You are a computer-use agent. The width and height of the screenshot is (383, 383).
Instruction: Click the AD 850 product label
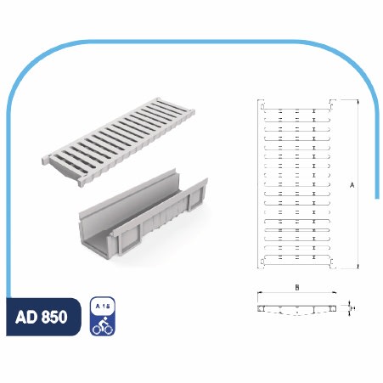click(x=42, y=317)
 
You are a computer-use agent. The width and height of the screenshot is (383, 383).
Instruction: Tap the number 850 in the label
click(x=54, y=317)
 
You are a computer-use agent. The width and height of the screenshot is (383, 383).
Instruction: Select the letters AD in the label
click(x=26, y=317)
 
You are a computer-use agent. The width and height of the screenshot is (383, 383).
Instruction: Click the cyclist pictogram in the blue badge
click(x=103, y=325)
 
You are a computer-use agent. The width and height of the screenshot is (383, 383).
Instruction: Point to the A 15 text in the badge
click(x=103, y=306)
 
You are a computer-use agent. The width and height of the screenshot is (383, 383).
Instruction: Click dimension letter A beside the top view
click(x=352, y=185)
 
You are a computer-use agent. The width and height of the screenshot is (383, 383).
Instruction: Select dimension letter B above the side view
click(x=297, y=288)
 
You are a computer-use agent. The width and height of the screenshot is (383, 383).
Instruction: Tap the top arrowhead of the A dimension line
click(x=358, y=102)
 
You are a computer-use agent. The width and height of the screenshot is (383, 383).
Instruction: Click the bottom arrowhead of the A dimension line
click(x=358, y=266)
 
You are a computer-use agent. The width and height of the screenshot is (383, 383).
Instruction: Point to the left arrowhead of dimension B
click(x=259, y=292)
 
